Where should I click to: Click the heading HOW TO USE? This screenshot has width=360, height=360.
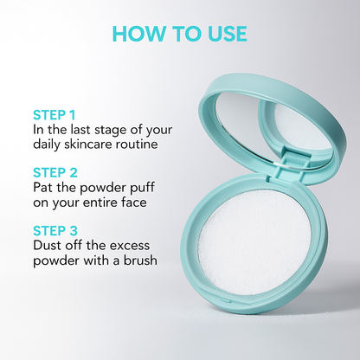click(x=180, y=34)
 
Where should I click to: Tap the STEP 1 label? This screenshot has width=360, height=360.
click(x=54, y=113)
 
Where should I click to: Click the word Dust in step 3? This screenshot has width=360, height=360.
click(x=48, y=245)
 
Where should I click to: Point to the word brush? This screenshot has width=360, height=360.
click(x=139, y=260)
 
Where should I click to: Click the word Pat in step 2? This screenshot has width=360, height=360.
click(x=44, y=187)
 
